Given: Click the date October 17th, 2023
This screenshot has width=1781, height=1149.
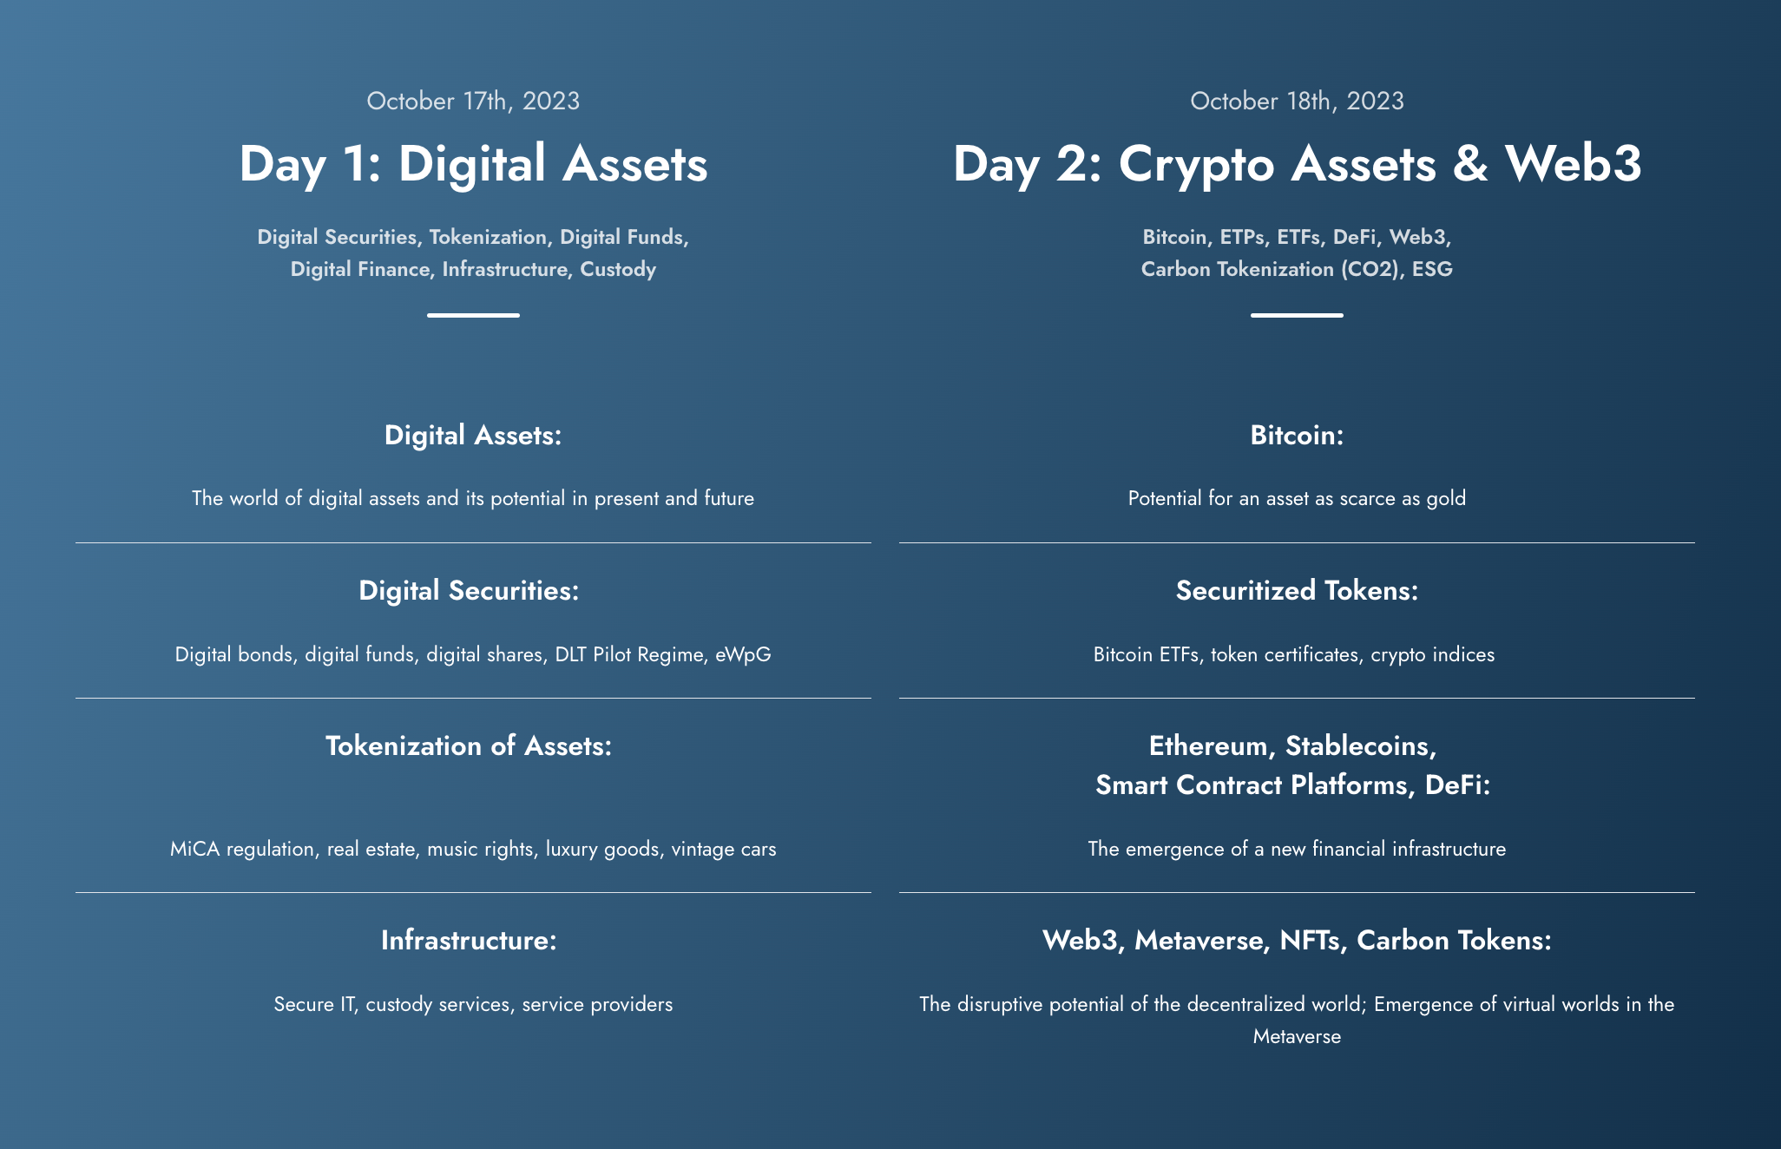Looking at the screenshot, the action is click(473, 102).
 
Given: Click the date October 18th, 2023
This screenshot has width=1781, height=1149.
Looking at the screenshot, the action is click(1297, 102).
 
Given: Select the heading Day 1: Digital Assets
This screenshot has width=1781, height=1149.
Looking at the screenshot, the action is click(473, 164).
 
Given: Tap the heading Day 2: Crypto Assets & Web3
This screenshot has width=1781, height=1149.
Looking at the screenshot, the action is click(1297, 164).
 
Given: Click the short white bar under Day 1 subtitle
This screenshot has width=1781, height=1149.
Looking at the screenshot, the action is click(473, 315).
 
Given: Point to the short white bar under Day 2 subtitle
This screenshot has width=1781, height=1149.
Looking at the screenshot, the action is click(1297, 315).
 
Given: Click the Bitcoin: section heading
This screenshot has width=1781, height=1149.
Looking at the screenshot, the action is click(1297, 436).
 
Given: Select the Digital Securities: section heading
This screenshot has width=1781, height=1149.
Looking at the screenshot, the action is click(469, 591).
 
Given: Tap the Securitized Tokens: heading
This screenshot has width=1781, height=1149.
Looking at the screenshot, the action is click(1297, 591).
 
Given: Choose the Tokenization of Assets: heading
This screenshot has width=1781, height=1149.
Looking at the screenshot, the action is click(469, 746).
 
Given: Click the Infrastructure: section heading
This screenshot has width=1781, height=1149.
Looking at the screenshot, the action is click(469, 941).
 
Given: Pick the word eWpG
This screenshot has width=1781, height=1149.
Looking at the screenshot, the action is click(743, 655).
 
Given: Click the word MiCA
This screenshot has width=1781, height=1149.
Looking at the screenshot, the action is click(195, 849).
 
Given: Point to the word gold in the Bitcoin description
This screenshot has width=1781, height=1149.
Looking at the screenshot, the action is click(1446, 499).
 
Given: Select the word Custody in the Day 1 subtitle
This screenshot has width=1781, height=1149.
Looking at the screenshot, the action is click(618, 270).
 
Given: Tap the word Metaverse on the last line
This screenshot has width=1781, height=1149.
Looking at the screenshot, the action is click(1297, 1037).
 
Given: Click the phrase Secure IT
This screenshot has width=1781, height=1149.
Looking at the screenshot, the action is click(315, 1005).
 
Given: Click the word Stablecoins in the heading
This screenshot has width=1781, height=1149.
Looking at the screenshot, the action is click(1360, 746).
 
